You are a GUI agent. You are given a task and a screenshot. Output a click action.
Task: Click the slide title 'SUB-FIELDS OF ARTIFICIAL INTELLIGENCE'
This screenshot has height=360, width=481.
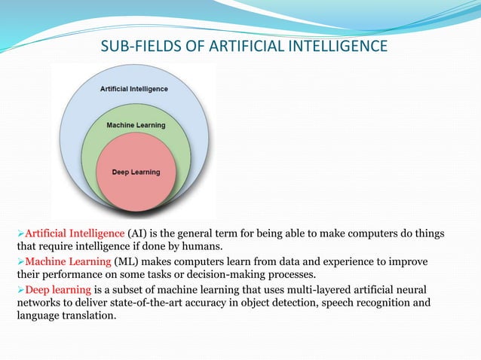point(244,48)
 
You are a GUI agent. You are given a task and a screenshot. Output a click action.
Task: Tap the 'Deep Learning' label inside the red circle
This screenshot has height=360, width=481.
point(136,172)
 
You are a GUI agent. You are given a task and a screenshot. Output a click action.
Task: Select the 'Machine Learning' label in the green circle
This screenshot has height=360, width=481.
point(136,124)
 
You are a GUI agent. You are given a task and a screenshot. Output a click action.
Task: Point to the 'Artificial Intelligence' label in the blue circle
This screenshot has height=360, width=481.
point(134,88)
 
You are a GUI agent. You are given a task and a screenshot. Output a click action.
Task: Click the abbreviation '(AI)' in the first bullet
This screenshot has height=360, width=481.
point(139,233)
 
